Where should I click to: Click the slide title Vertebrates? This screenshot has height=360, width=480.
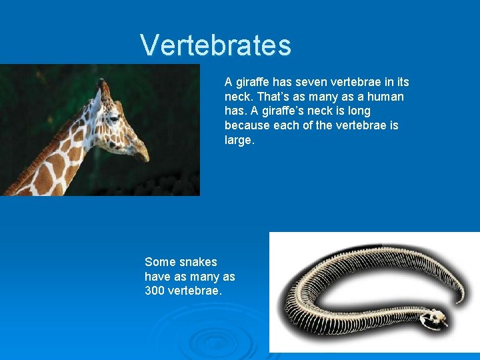click(x=215, y=45)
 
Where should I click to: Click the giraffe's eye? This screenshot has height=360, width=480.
click(x=114, y=119)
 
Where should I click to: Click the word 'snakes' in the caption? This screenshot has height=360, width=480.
click(x=199, y=262)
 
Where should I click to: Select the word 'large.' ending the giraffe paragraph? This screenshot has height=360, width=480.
click(x=239, y=140)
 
